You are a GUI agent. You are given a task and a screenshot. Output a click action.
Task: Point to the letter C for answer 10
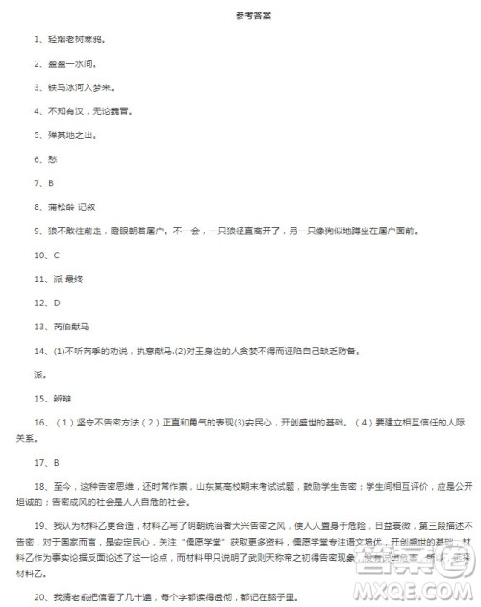(56, 255)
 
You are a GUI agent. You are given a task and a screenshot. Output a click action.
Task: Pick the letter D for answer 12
(56, 302)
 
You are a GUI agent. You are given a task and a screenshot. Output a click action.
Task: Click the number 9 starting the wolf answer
(36, 231)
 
